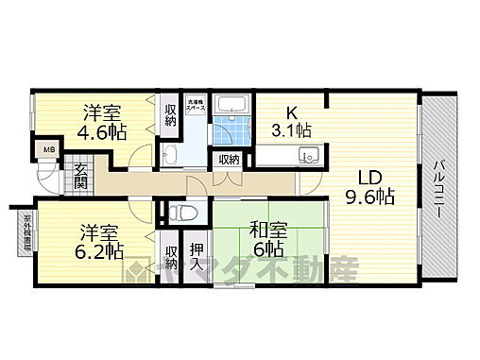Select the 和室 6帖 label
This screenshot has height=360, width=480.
click(x=261, y=237)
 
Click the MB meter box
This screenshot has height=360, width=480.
click(x=45, y=148)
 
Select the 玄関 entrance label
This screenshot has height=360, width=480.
click(x=81, y=177)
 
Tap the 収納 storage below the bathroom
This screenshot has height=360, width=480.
click(x=229, y=160)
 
